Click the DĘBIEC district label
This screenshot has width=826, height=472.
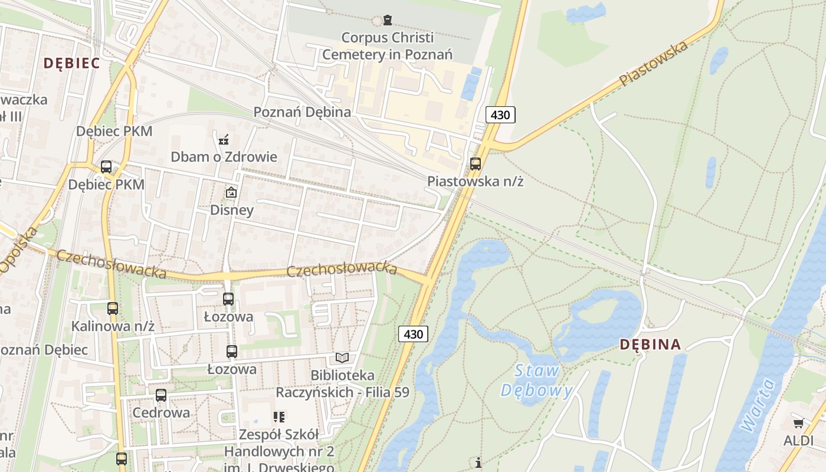[x=71, y=63]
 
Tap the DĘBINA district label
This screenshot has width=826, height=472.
[x=651, y=345]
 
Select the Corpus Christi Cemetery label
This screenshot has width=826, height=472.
[x=387, y=46]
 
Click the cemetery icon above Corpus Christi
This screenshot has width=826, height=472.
[x=387, y=21]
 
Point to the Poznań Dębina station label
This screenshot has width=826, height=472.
[x=302, y=112]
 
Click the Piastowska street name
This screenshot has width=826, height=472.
[x=654, y=64]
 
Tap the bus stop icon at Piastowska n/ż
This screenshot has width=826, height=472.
[x=475, y=164]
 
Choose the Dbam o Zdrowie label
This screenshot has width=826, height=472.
[x=224, y=157]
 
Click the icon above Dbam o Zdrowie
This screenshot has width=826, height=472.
[x=224, y=140]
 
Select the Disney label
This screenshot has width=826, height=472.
[x=232, y=210]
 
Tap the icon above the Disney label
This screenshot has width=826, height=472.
[x=231, y=192]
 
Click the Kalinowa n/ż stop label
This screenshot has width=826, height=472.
[x=113, y=326]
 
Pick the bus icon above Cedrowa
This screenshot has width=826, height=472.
[x=161, y=395]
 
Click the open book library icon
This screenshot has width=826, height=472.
[x=342, y=358]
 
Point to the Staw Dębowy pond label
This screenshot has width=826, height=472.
[x=537, y=381]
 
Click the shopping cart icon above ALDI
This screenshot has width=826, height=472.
[x=798, y=423]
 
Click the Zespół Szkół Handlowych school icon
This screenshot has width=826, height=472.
[x=279, y=418]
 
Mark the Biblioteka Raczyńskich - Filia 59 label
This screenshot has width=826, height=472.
[x=342, y=383]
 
